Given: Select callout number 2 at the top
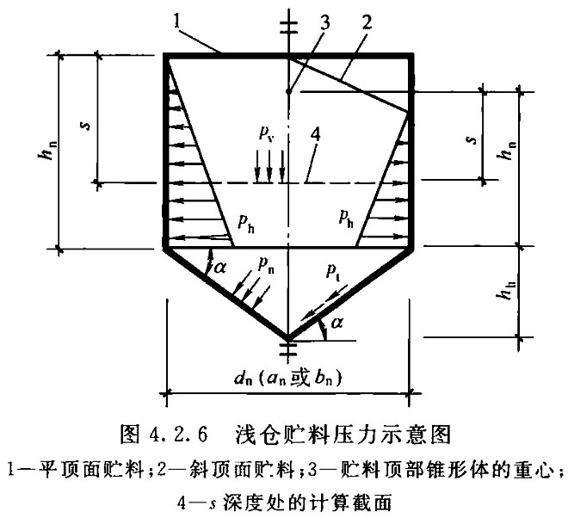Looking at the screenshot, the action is tap(366, 22).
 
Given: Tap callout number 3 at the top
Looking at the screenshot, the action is tap(324, 23).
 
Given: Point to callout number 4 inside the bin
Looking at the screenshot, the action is tap(316, 135).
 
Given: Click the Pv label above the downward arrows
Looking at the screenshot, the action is tap(266, 133).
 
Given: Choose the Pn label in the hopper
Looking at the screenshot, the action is tap(266, 265).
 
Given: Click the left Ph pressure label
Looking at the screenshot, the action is tap(246, 221).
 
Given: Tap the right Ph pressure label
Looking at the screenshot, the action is tap(346, 218).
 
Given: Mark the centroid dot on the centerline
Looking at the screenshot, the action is tap(288, 92).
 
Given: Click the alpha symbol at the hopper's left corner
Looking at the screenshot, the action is tap(220, 268).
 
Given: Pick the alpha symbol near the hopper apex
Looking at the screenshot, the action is tap(336, 322).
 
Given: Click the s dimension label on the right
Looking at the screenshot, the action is tap(472, 139).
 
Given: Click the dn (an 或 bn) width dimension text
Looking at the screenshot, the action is tap(288, 379).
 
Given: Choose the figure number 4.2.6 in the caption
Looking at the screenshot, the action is tap(178, 435).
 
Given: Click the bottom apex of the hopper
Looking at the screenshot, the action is tap(288, 339).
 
